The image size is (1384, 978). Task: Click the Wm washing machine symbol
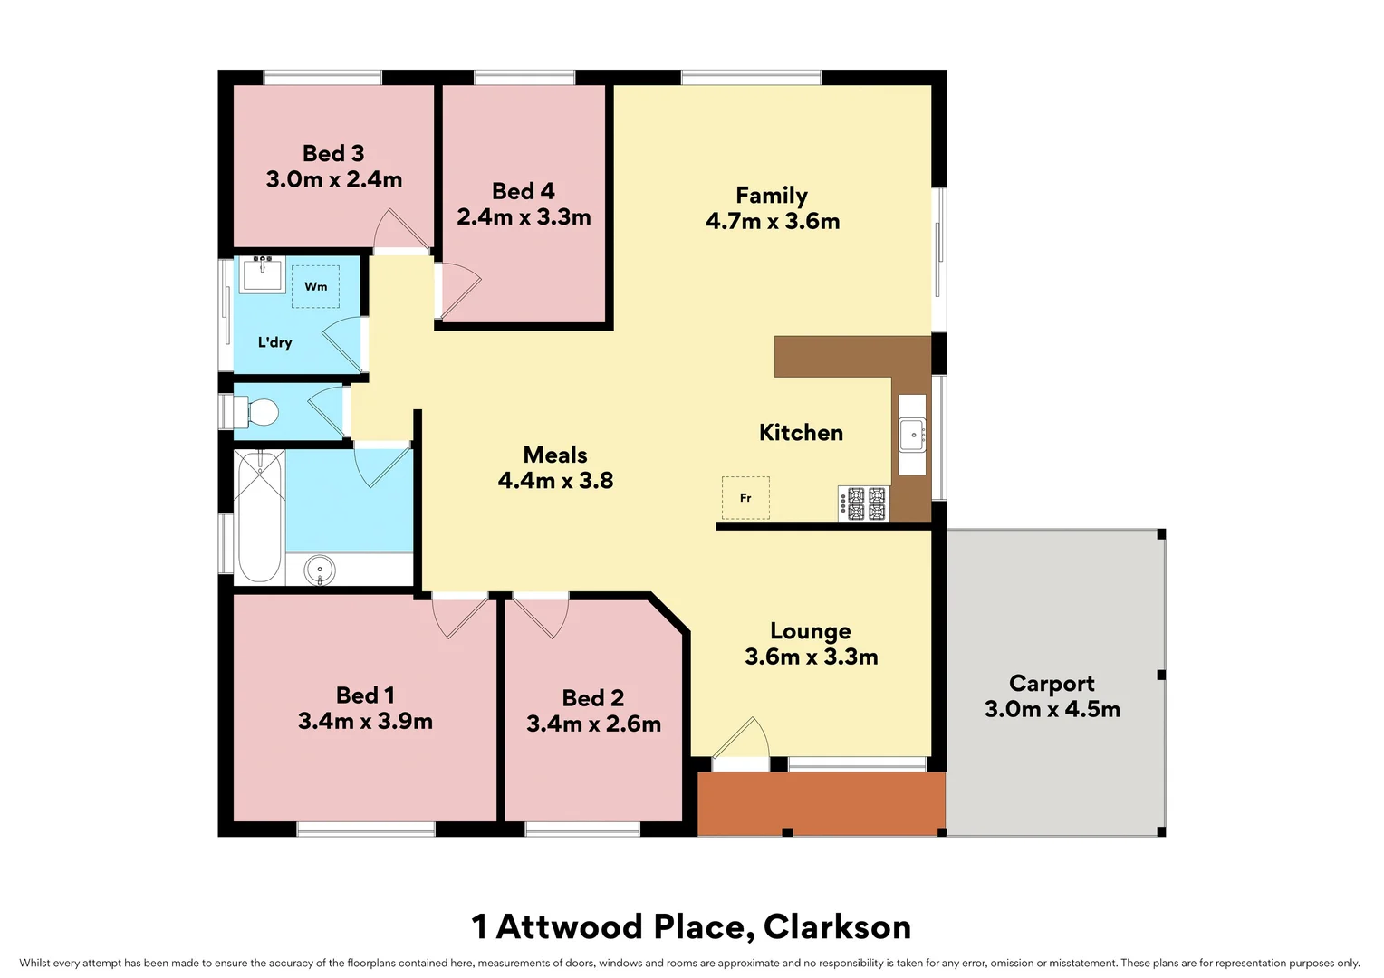pos(315,286)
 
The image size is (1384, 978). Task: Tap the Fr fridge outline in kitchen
pos(745,497)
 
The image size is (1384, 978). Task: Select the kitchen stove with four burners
pos(864,503)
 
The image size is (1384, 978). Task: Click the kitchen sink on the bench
pos(912,435)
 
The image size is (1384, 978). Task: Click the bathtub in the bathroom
pos(259,516)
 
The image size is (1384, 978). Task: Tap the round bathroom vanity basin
pos(319,571)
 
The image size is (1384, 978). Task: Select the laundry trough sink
pos(263,273)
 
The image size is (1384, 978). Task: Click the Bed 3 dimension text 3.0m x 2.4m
pos(334,179)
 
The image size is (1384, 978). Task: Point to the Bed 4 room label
pos(523,191)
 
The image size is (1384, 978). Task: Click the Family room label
pos(771,196)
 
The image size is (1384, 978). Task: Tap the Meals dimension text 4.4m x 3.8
pos(555,481)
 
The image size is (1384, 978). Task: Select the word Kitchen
pos(801,433)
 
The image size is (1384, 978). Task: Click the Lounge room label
pos(810,631)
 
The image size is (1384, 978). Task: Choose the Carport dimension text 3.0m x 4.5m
pos(1052,709)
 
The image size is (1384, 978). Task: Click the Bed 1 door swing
pos(459,616)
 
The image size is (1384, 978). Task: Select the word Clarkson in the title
pos(837,927)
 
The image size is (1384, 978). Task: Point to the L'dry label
pos(274,342)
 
